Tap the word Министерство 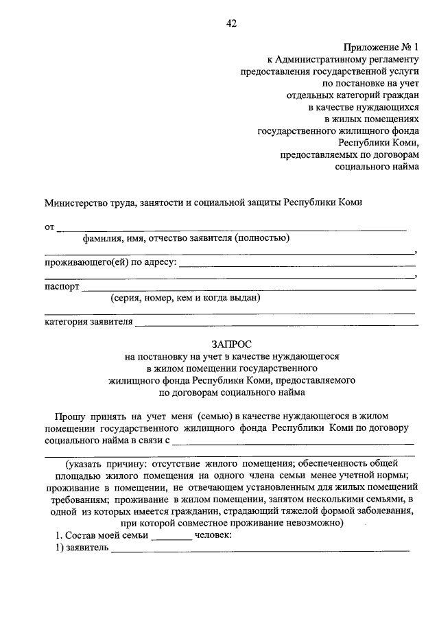click(75, 203)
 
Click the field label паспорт click(62, 286)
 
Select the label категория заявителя click(88, 322)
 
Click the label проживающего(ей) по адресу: click(110, 262)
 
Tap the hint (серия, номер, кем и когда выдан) click(186, 298)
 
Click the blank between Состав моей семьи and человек click(171, 539)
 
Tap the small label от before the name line click(49, 226)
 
